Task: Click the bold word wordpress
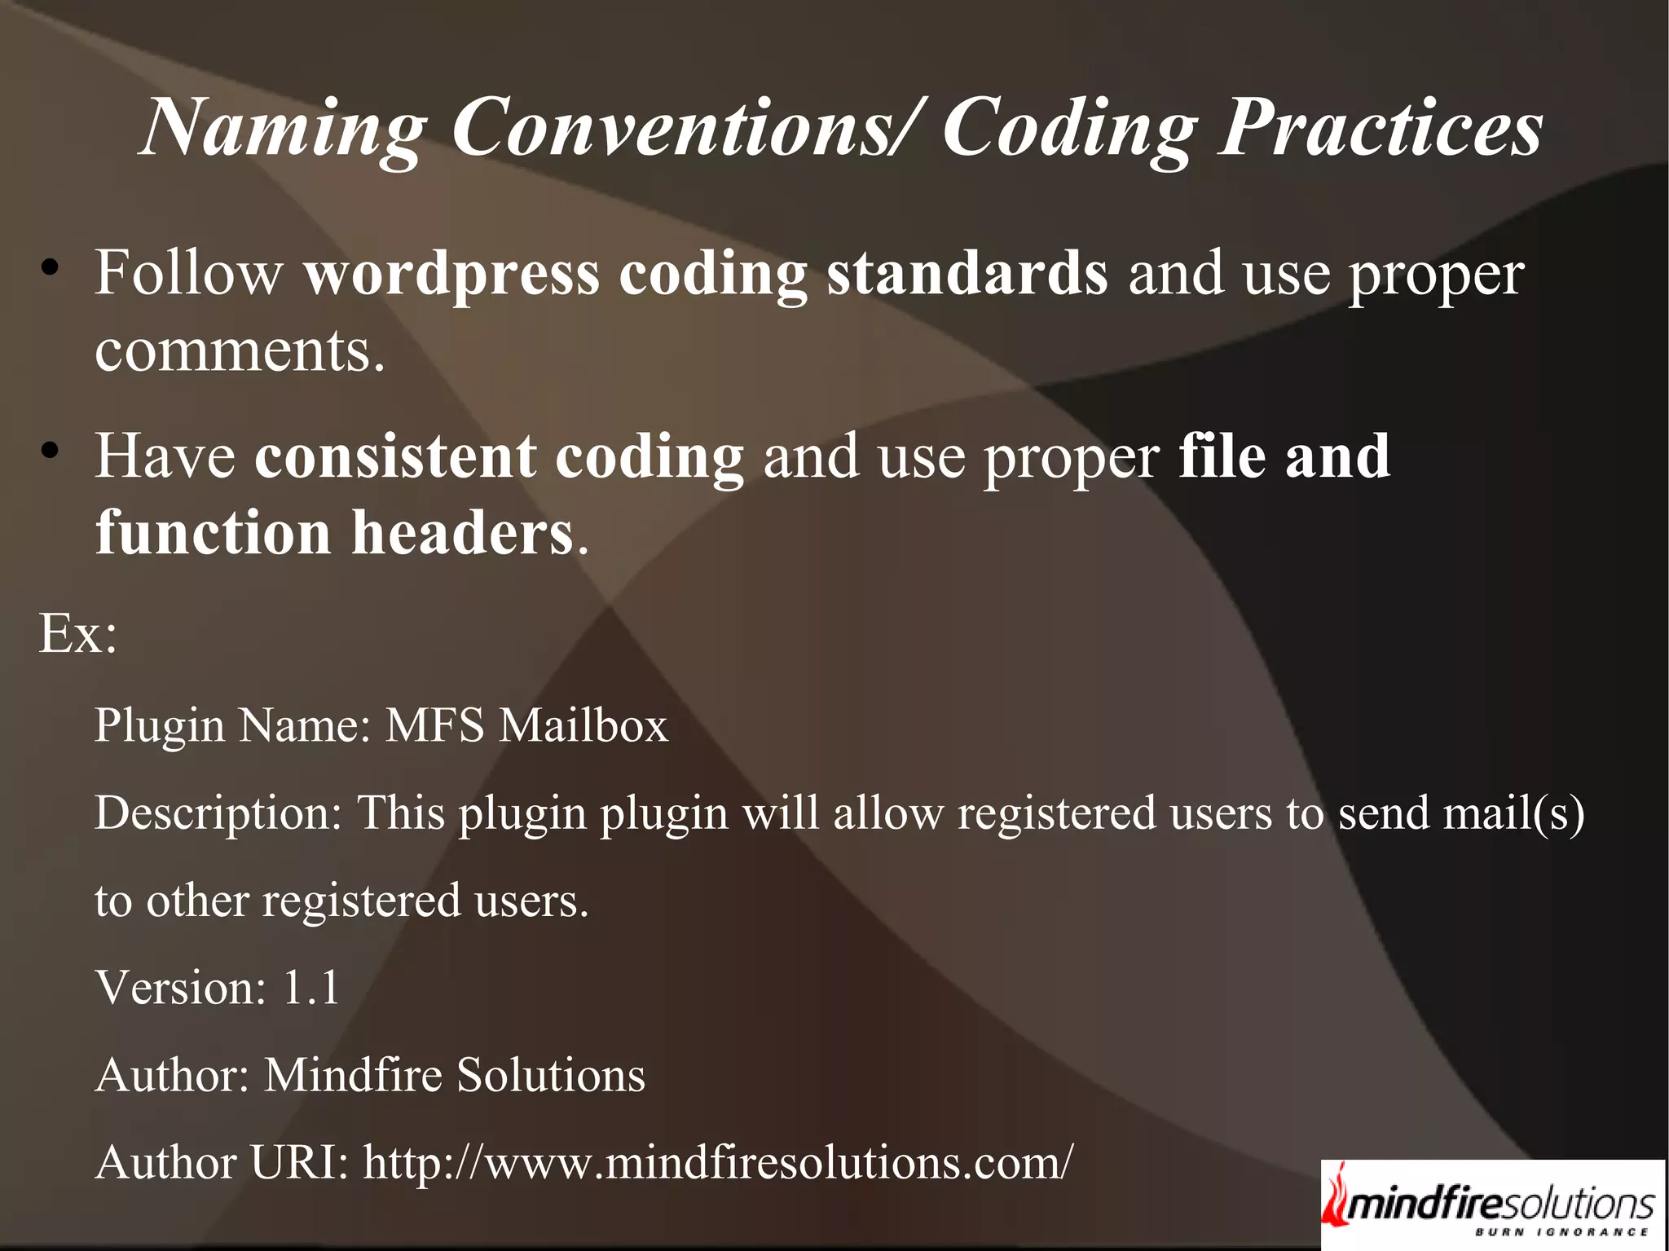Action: [451, 275]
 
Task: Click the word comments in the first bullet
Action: [239, 352]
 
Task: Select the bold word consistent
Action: [394, 456]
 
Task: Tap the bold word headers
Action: [462, 534]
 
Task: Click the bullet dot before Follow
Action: [51, 268]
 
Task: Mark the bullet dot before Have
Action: [51, 451]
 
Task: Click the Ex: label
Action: [78, 633]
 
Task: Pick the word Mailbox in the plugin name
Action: [583, 725]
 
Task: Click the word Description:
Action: [218, 814]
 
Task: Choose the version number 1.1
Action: [310, 988]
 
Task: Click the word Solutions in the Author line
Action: [551, 1075]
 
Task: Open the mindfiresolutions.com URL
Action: [718, 1162]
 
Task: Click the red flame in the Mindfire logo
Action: [1337, 1197]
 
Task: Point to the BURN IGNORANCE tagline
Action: [1561, 1232]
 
